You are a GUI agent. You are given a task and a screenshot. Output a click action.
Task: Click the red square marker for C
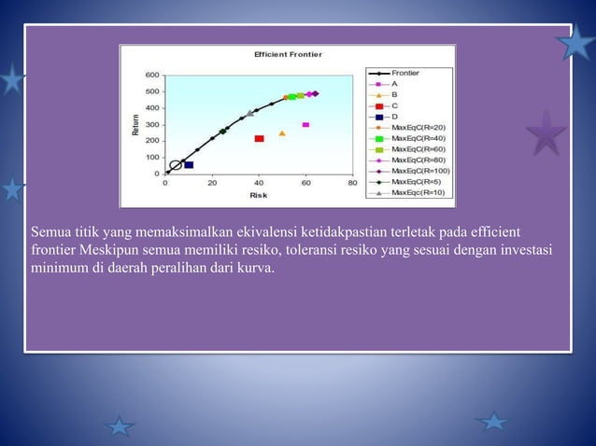(259, 139)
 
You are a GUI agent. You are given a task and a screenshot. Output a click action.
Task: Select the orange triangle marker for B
(282, 133)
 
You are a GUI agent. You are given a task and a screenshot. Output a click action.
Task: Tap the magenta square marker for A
(305, 124)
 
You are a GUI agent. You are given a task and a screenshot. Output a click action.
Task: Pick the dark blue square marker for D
(189, 165)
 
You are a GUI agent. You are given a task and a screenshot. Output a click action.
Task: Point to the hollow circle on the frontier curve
(176, 166)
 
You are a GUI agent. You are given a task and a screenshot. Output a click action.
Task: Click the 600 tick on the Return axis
(150, 76)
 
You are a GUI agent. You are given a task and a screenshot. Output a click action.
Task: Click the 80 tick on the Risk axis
(352, 184)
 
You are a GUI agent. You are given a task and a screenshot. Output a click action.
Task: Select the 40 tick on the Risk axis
(259, 184)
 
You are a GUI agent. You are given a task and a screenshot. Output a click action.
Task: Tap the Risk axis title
(258, 195)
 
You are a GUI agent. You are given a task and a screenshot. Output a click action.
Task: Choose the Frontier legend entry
(404, 72)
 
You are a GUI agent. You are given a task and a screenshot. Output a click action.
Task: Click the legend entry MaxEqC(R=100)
(419, 171)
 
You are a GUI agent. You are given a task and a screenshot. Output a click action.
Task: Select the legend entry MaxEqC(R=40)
(418, 138)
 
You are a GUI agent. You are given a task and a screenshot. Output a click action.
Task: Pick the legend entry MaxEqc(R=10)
(418, 192)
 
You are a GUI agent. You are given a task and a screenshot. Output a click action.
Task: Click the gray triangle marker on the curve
(249, 114)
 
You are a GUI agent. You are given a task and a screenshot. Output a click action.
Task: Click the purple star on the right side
(546, 133)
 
